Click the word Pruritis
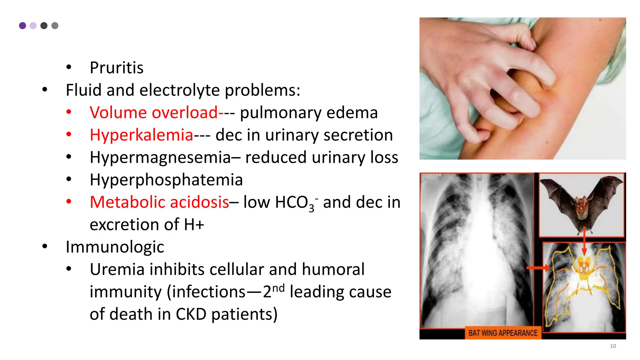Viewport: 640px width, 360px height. tap(116, 68)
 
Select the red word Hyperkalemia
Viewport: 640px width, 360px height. tap(141, 135)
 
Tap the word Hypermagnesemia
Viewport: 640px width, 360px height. tap(160, 157)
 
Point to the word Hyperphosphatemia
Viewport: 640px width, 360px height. tap(166, 180)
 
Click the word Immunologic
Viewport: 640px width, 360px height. tap(115, 247)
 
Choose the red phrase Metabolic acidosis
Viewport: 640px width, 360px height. tap(159, 202)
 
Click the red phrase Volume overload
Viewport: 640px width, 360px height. tap(153, 112)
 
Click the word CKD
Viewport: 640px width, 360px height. tap(191, 314)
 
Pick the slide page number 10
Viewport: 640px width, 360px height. tap(613, 346)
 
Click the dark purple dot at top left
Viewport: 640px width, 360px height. tap(22, 26)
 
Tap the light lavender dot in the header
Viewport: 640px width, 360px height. tap(33, 26)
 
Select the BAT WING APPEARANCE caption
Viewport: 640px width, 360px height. tap(502, 333)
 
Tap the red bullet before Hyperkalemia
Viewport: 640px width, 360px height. tap(69, 135)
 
